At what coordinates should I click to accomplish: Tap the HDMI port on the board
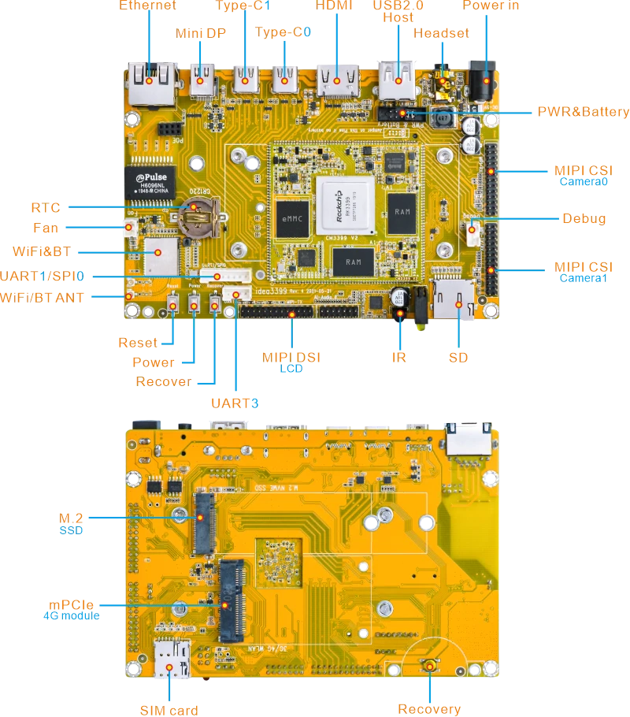tap(337, 80)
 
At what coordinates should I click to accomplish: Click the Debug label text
tap(584, 218)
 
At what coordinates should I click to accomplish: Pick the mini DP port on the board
tap(202, 79)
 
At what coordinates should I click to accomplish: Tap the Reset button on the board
tap(172, 303)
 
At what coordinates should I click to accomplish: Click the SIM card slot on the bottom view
tap(172, 660)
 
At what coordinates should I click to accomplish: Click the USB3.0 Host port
tap(398, 79)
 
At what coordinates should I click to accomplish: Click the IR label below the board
tap(400, 357)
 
